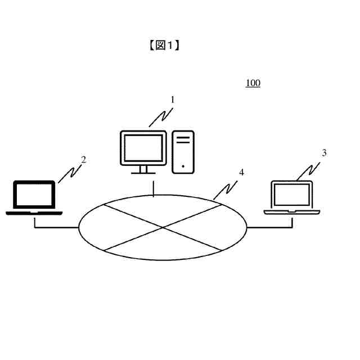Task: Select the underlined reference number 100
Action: (253, 83)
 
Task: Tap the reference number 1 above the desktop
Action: (173, 100)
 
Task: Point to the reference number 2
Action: (83, 160)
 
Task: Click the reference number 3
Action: (324, 152)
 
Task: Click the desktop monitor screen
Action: (143, 148)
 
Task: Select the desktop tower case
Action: (183, 151)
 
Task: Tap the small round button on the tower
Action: (183, 166)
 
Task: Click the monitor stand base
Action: (143, 172)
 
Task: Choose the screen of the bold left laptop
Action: (34, 195)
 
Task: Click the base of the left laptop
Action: (34, 213)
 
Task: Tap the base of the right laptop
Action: (291, 211)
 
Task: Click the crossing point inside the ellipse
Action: (163, 227)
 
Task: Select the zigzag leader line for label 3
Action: (310, 169)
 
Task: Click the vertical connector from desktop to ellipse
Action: (154, 188)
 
